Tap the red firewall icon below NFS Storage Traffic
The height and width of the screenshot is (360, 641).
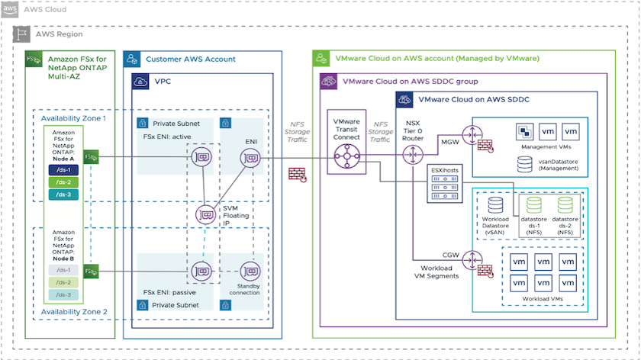[x=297, y=174]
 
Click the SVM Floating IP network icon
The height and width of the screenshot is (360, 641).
[x=204, y=215]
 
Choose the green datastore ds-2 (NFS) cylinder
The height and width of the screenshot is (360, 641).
[x=565, y=204]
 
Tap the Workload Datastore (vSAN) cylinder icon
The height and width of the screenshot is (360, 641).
[x=496, y=204]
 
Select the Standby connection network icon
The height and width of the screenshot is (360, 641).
[x=250, y=270]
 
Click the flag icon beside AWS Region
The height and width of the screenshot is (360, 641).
[x=24, y=34]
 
